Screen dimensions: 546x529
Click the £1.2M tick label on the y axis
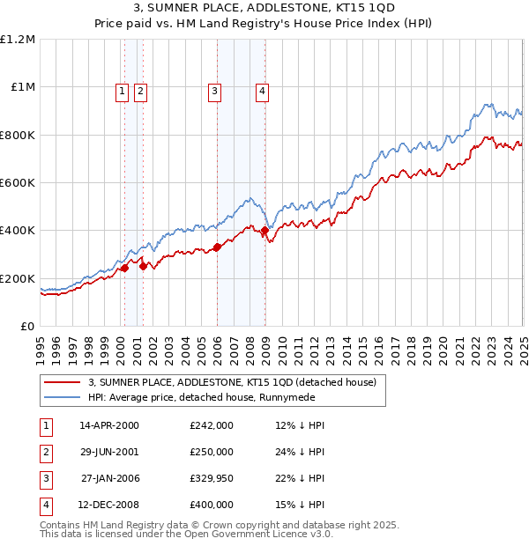[18, 40]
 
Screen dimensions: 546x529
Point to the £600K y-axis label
[18, 183]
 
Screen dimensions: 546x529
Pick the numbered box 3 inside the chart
[214, 89]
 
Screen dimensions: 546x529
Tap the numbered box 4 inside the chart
[263, 89]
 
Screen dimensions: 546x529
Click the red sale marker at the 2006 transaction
[217, 247]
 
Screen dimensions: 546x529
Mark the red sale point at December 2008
[264, 231]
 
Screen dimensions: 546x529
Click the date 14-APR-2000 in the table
[109, 425]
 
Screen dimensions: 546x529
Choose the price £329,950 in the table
[211, 478]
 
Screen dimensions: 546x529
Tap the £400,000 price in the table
[211, 505]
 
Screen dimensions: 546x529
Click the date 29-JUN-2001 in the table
[109, 452]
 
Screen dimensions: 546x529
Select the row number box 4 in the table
[44, 505]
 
